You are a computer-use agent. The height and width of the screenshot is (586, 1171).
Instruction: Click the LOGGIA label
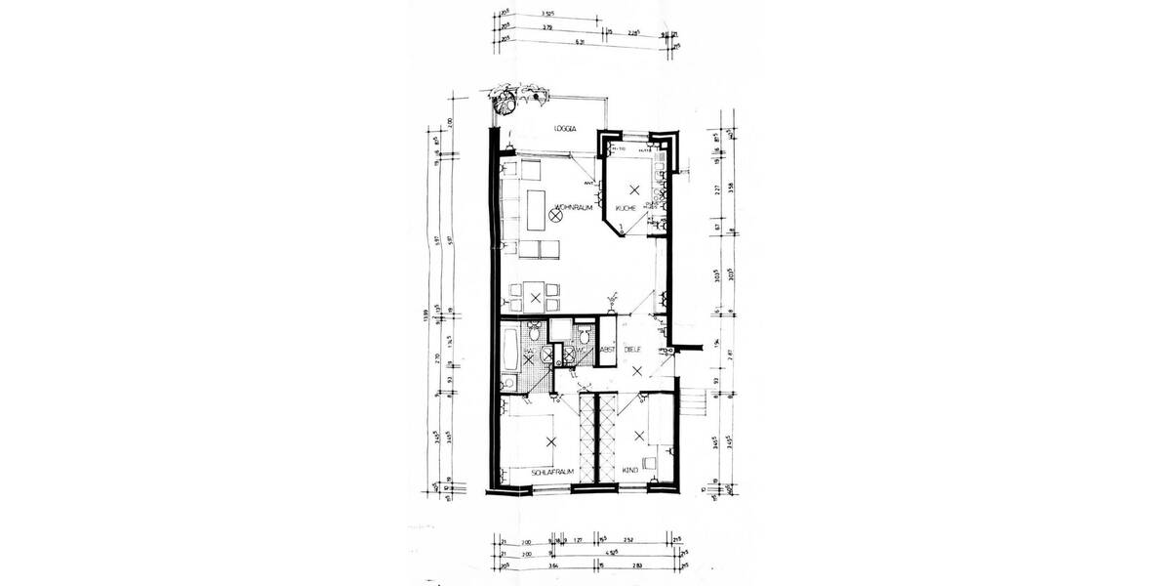pyautogui.click(x=567, y=129)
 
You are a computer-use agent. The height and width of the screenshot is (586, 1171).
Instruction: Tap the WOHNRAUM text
pyautogui.click(x=577, y=207)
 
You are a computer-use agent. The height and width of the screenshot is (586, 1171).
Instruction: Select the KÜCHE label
pyautogui.click(x=626, y=209)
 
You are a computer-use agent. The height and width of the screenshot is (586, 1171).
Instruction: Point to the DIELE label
pyautogui.click(x=637, y=346)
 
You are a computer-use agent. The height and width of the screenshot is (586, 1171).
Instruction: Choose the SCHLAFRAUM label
pyautogui.click(x=549, y=472)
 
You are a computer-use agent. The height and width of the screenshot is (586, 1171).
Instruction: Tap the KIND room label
pyautogui.click(x=631, y=472)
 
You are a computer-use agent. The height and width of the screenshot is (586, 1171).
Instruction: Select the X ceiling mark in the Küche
pyautogui.click(x=634, y=188)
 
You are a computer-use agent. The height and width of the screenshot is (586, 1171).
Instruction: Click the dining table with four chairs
pyautogui.click(x=536, y=296)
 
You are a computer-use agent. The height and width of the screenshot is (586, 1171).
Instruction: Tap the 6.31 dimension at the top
pyautogui.click(x=580, y=42)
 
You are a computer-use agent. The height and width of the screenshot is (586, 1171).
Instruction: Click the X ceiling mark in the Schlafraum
pyautogui.click(x=551, y=441)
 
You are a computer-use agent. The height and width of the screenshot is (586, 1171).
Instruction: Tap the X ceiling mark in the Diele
pyautogui.click(x=637, y=370)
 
